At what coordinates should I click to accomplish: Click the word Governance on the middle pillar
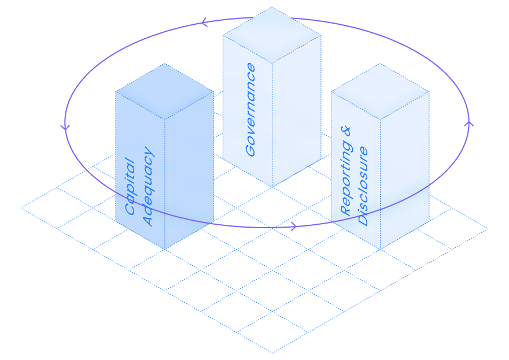[250, 110]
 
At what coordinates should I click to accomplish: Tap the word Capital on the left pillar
[131, 186]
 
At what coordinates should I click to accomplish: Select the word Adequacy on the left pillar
[148, 188]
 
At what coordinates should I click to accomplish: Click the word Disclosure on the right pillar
[363, 186]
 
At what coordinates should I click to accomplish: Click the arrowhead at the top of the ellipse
[204, 23]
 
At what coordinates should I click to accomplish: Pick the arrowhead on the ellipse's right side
[469, 123]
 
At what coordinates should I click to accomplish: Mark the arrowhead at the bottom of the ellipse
[294, 226]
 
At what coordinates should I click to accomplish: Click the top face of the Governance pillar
[272, 35]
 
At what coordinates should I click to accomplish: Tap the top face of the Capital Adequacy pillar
[165, 91]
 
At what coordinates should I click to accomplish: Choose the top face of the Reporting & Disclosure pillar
[380, 91]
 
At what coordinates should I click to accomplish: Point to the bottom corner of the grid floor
[272, 352]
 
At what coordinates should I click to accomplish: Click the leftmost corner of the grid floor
[21, 207]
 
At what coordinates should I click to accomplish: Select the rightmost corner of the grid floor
[488, 228]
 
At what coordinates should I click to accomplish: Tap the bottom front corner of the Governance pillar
[272, 187]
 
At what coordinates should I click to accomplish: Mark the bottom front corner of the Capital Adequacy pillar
[165, 249]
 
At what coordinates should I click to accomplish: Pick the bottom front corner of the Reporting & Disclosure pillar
[380, 249]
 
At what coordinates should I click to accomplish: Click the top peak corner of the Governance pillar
[272, 7]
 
